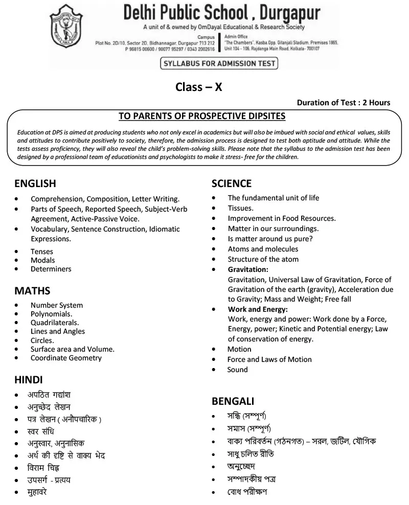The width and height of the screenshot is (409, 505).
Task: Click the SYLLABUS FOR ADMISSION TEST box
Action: (219, 64)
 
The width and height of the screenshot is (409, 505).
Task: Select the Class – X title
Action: (199, 87)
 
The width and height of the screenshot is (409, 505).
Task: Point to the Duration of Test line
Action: (343, 102)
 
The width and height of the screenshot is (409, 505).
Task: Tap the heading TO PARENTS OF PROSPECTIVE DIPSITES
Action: (202, 116)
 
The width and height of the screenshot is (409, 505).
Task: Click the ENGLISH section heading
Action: (35, 183)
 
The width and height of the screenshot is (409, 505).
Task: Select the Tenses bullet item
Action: (42, 251)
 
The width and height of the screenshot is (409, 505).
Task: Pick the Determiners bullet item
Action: (51, 269)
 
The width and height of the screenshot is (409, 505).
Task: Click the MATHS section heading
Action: (32, 291)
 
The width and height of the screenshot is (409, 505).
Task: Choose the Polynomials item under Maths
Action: (51, 314)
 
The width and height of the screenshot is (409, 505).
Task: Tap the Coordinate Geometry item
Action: (66, 358)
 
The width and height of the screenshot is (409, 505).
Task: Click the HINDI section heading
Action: (29, 379)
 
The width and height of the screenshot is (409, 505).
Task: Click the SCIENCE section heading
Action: (232, 183)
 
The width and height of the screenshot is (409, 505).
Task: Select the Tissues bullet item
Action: (240, 208)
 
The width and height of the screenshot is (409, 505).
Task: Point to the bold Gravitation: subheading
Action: (248, 269)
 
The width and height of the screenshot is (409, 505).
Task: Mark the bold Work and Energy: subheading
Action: (258, 309)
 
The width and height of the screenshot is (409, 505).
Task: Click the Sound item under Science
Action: (237, 370)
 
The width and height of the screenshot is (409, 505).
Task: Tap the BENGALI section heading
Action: (233, 401)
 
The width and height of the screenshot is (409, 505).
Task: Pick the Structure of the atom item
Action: (263, 259)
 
